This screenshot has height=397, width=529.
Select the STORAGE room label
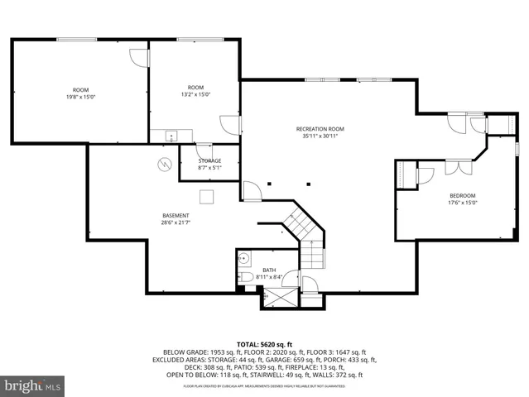coord(209,160)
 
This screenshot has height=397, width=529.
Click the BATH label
coord(269,270)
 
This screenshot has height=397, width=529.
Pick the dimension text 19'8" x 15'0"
coord(80,96)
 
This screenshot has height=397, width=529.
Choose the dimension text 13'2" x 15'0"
coord(195,93)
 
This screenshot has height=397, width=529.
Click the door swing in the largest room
coord(137,58)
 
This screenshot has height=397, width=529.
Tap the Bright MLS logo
coord(33,385)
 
